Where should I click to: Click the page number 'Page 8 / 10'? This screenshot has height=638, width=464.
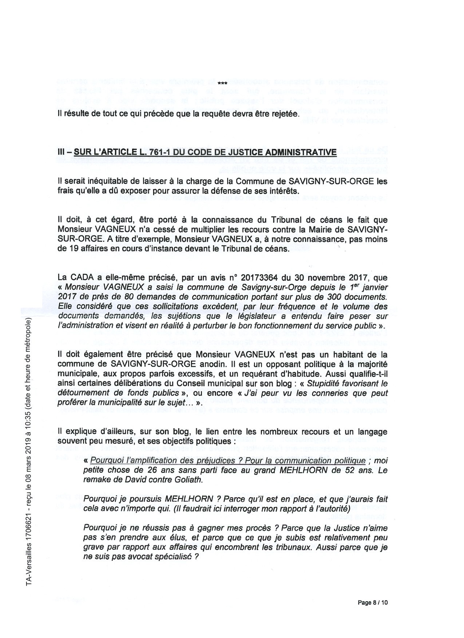pos(373,602)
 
